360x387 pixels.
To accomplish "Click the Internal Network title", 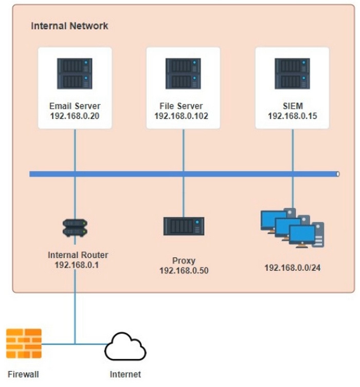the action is (69, 26).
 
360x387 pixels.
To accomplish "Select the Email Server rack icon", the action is (75, 73).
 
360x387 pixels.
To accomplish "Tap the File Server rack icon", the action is (183, 73).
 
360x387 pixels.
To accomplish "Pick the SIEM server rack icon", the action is (292, 73).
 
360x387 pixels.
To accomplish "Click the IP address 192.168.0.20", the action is (75, 116).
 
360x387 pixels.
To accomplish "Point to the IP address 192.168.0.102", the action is (181, 116).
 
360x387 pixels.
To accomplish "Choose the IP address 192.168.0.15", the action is (293, 116).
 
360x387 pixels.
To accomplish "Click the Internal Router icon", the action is (75, 228).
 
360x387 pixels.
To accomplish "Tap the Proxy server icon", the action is (184, 226).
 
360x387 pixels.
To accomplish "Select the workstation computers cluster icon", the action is (292, 227).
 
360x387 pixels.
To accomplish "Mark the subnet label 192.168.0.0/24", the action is (293, 268).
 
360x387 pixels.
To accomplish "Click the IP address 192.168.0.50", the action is (184, 271).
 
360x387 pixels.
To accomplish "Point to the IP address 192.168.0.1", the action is (77, 265).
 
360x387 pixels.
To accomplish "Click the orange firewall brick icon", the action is (24, 343).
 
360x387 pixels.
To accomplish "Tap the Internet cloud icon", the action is (125, 346).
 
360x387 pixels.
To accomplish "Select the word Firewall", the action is (23, 374).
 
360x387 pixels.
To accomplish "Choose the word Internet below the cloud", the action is (125, 374).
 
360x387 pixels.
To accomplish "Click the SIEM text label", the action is (293, 106).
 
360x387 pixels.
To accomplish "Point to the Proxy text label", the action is (184, 260).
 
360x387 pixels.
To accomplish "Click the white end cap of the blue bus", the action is (338, 174).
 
